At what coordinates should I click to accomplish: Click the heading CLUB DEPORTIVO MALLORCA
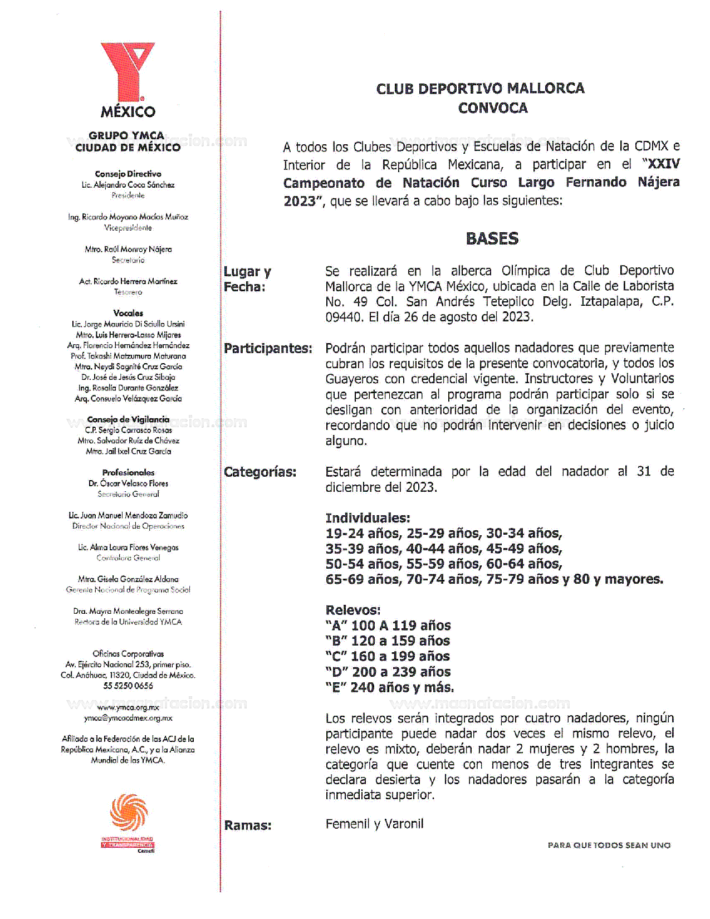tap(480, 89)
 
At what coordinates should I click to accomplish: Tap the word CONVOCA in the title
tap(492, 108)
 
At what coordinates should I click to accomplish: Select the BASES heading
tap(492, 238)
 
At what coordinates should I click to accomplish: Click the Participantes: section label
tap(268, 349)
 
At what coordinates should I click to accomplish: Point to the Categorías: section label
tap(260, 472)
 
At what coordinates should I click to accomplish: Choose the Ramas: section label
tap(248, 825)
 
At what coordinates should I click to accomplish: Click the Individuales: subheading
tap(368, 518)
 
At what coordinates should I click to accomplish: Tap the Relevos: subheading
tap(353, 610)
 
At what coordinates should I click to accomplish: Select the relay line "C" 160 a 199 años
tap(388, 656)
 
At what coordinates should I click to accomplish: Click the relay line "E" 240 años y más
tap(390, 687)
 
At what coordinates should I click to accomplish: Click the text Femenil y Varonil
tap(374, 824)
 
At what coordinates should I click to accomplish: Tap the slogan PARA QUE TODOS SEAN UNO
tap(609, 845)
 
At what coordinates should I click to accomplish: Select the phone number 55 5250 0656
tap(128, 686)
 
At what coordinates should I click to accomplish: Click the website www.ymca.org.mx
tap(128, 707)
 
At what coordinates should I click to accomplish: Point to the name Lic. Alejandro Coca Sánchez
tap(128, 184)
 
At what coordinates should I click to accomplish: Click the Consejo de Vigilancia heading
tap(128, 419)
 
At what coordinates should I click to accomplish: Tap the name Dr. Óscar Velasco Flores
tap(128, 483)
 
